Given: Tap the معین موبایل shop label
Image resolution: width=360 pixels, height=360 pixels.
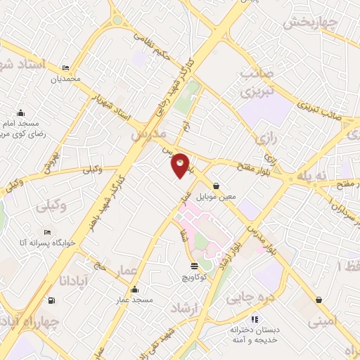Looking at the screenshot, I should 216,197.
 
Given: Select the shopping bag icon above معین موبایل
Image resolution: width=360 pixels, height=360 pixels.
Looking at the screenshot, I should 216,186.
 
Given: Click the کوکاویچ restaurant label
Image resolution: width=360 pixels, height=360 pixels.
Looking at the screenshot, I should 194,277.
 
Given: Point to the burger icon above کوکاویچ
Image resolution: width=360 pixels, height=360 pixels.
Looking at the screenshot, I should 194,266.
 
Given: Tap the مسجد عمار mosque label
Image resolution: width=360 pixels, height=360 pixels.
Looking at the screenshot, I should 135,300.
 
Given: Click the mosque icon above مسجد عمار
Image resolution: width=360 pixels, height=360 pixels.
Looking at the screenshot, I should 135,290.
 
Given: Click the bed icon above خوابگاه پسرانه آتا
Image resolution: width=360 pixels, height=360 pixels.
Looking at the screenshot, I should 47,232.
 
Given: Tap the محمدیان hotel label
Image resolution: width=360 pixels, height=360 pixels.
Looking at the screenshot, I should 65,78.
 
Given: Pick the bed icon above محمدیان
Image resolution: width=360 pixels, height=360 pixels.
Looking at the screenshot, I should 65,68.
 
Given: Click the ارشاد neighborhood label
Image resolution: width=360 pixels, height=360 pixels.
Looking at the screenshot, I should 186,307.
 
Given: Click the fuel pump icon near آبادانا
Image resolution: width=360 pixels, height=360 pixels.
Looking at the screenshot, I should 51,301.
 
